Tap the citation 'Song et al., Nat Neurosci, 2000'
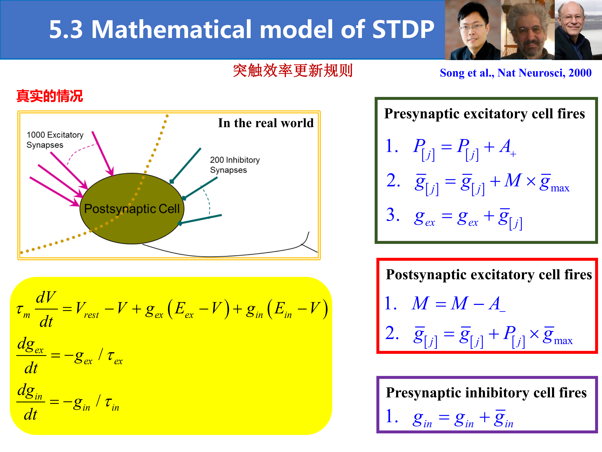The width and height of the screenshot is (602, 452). point(516,73)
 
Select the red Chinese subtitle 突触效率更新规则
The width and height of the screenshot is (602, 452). point(293,71)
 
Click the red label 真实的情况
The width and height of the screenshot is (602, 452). point(50,96)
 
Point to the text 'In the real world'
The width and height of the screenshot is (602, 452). point(266,123)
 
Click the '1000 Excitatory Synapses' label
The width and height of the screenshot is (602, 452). point(55,140)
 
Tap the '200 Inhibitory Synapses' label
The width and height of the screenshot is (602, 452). point(235,165)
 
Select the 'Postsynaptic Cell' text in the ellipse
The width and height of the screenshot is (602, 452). point(132,209)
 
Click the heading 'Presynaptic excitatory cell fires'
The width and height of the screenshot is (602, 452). point(485,114)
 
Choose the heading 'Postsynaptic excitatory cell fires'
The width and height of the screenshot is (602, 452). point(489,274)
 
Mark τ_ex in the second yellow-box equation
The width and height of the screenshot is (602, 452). point(115,357)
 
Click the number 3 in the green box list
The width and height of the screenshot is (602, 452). point(391,214)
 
